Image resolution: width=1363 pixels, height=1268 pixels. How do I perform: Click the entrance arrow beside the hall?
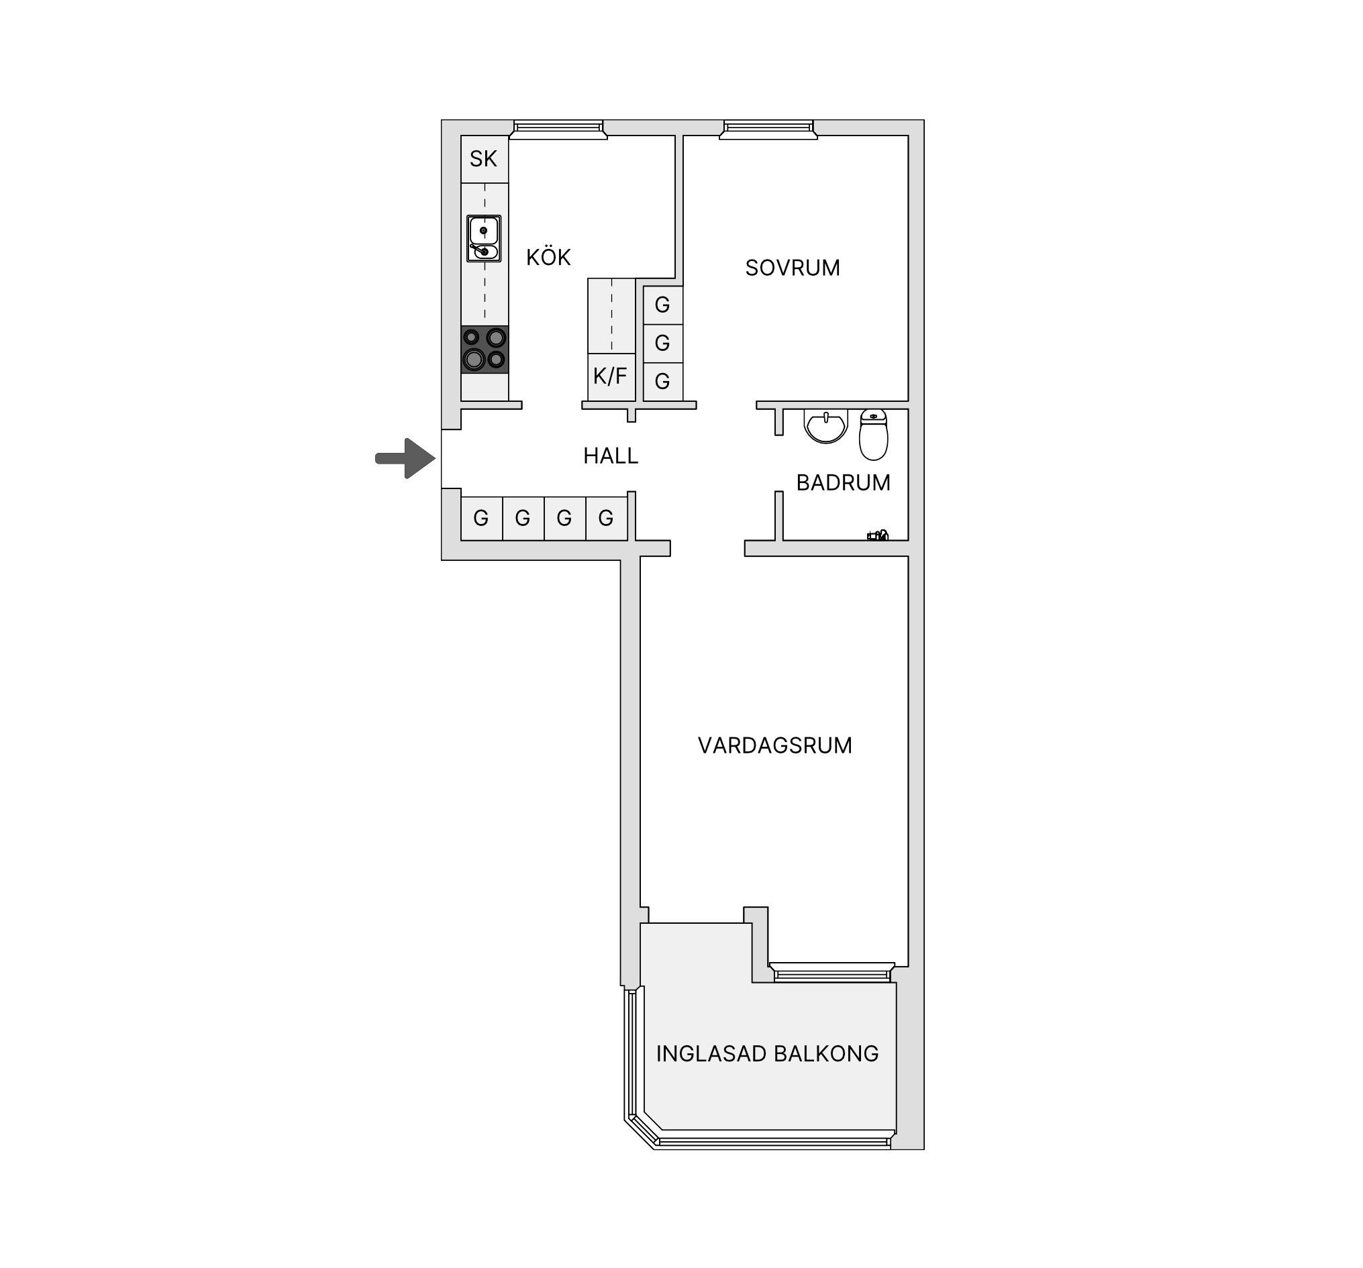click(406, 458)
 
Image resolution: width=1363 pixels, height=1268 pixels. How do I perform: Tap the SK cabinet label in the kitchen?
click(483, 159)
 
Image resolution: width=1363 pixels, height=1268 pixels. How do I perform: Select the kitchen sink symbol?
click(484, 239)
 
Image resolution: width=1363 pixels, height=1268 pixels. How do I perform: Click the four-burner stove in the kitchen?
click(485, 350)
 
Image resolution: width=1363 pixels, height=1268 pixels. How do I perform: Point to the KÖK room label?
click(548, 257)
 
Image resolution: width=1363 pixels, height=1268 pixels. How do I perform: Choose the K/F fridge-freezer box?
click(611, 376)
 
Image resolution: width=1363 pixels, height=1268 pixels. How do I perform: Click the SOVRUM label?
click(793, 268)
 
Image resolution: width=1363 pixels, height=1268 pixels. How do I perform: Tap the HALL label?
click(611, 456)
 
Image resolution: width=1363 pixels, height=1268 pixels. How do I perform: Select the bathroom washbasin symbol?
click(826, 426)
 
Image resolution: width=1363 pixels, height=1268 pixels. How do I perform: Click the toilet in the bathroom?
click(874, 435)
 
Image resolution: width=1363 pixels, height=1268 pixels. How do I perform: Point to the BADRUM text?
click(844, 483)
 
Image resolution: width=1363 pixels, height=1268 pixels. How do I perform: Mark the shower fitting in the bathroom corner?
click(878, 535)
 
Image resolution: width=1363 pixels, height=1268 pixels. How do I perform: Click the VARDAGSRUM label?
click(774, 746)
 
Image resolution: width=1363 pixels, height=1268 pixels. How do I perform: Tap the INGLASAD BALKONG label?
click(767, 1053)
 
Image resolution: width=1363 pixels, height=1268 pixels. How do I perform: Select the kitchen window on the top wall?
click(559, 129)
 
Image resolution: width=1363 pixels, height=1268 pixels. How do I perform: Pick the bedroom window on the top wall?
click(768, 129)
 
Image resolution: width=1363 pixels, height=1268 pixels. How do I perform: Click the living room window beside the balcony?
click(831, 972)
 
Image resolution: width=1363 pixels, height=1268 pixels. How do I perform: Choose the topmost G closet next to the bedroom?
click(663, 305)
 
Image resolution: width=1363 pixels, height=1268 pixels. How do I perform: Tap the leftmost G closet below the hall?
click(481, 519)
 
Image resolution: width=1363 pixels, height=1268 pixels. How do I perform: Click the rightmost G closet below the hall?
click(606, 519)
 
